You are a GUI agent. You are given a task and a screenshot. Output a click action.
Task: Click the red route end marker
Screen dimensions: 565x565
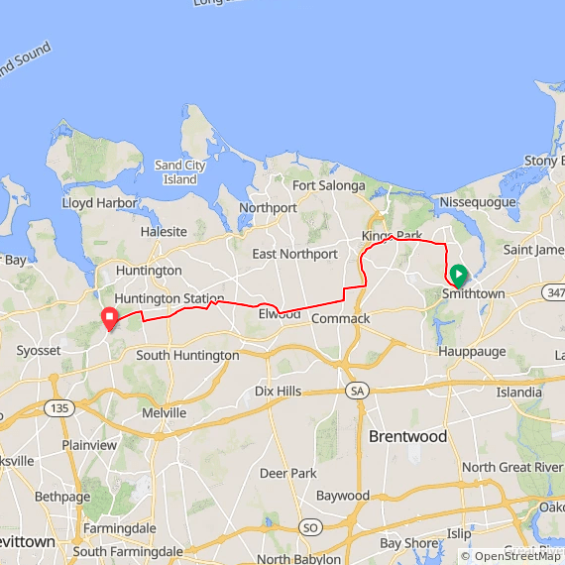tap(110, 317)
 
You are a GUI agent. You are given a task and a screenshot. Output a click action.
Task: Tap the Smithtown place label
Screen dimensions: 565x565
tap(473, 294)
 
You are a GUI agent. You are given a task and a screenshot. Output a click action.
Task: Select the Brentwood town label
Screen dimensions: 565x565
tap(407, 436)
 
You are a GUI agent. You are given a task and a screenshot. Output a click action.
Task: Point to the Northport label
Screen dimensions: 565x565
tap(268, 208)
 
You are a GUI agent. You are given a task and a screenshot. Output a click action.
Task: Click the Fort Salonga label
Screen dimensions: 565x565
tap(328, 185)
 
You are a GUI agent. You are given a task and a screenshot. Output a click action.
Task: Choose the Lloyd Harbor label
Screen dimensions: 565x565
tap(91, 202)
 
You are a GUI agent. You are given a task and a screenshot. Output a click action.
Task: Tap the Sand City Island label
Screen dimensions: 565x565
tap(179, 172)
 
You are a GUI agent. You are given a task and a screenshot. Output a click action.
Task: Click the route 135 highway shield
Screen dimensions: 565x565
tap(56, 408)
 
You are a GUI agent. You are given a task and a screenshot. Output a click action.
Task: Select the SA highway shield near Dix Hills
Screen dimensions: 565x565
tap(357, 392)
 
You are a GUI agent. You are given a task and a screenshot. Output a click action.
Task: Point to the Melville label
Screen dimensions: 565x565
tap(164, 412)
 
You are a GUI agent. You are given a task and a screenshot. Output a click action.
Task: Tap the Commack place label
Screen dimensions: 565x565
tap(340, 319)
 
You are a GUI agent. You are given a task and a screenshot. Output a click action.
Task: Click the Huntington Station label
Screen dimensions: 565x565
tap(169, 298)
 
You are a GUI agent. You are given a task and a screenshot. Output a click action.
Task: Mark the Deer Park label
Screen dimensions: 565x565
tap(287, 473)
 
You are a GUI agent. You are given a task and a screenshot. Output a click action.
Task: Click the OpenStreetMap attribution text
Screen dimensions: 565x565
tap(510, 556)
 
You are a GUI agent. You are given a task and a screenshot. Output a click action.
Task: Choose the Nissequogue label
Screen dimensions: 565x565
tap(479, 202)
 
